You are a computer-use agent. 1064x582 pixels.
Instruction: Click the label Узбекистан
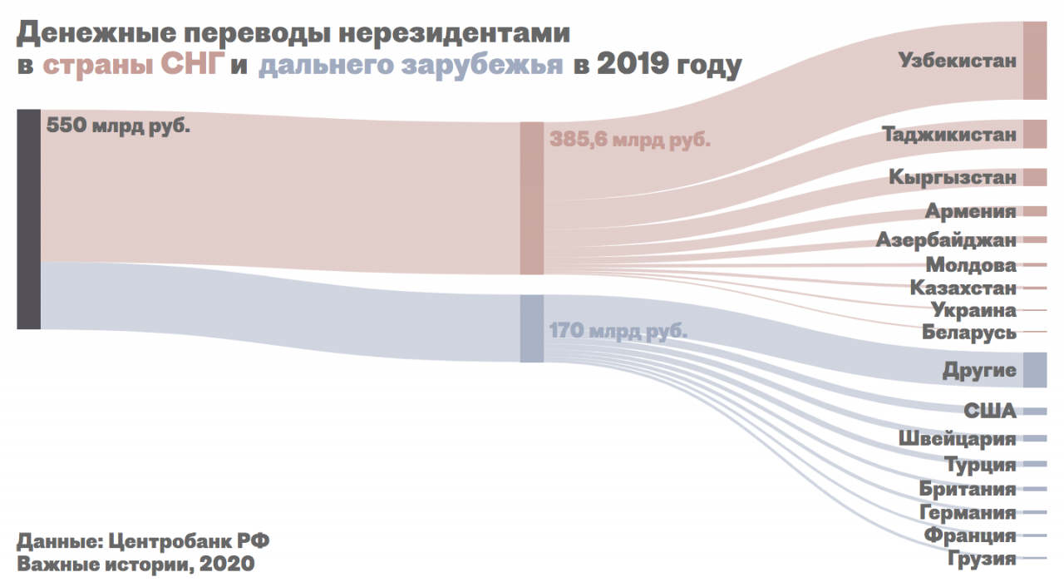click(957, 61)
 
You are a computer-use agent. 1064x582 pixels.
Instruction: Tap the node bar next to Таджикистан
click(1035, 134)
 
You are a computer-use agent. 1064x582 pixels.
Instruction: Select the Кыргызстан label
click(952, 177)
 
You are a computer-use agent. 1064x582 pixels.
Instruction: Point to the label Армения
click(970, 211)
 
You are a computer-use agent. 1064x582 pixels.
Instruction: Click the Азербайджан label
click(946, 240)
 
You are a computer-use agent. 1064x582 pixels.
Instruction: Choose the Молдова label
click(970, 265)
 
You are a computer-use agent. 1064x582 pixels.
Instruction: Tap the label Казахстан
click(963, 288)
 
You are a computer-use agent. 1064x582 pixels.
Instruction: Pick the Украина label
click(973, 310)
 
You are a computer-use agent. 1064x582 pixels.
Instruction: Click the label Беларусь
click(968, 333)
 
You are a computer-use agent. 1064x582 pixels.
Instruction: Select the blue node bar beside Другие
click(1035, 370)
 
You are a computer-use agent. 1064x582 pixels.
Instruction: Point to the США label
click(990, 411)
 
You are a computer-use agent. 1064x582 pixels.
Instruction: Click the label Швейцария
click(957, 438)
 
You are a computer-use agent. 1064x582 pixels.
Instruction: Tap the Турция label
click(980, 464)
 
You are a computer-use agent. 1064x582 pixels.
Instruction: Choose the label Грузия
click(982, 558)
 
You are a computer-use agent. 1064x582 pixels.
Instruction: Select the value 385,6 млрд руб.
click(629, 140)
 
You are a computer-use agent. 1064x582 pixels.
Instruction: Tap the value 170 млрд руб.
click(618, 331)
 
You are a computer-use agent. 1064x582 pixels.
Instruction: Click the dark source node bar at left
click(28, 219)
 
